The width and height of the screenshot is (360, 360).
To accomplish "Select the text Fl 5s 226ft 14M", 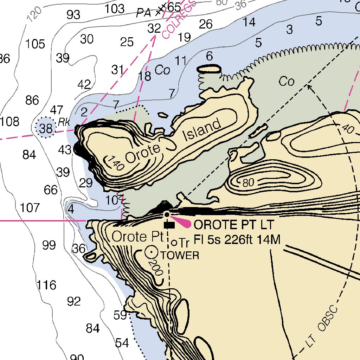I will (237, 240).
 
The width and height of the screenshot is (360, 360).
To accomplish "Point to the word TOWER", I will (180, 256).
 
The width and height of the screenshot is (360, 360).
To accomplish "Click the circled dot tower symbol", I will (152, 252).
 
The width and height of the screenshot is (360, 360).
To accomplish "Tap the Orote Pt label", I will (138, 237).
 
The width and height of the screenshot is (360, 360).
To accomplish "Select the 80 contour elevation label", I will (248, 183).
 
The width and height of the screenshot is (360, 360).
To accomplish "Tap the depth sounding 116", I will (47, 285).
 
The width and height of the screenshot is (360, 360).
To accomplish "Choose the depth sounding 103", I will (115, 8).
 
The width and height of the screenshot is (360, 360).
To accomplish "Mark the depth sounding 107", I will (30, 208).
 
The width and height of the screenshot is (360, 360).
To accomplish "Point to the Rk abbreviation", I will (64, 122).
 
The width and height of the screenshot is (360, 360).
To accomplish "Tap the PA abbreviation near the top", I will (144, 13).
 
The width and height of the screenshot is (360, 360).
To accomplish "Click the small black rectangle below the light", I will (169, 225).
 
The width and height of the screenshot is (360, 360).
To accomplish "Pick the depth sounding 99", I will (49, 245).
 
